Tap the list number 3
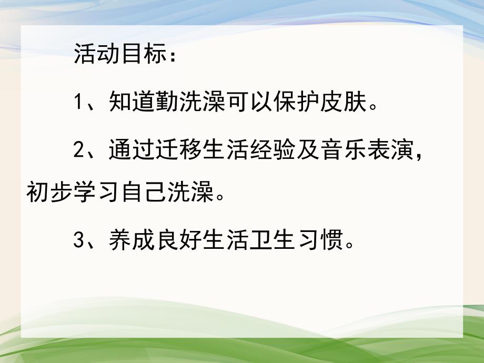coord(79,241)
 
